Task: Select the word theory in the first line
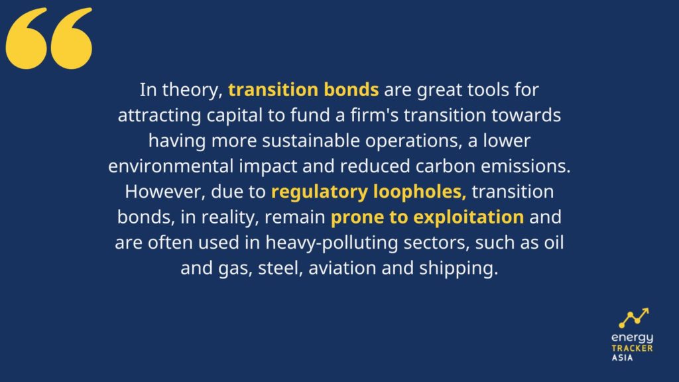tap(192, 90)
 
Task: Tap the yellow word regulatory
tap(319, 192)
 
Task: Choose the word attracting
tap(159, 116)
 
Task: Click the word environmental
tap(171, 166)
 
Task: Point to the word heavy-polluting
tap(332, 243)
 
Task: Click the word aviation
tap(342, 268)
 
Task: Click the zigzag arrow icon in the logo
tap(634, 318)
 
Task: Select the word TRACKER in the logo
tap(632, 348)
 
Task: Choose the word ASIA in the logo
tap(622, 357)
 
